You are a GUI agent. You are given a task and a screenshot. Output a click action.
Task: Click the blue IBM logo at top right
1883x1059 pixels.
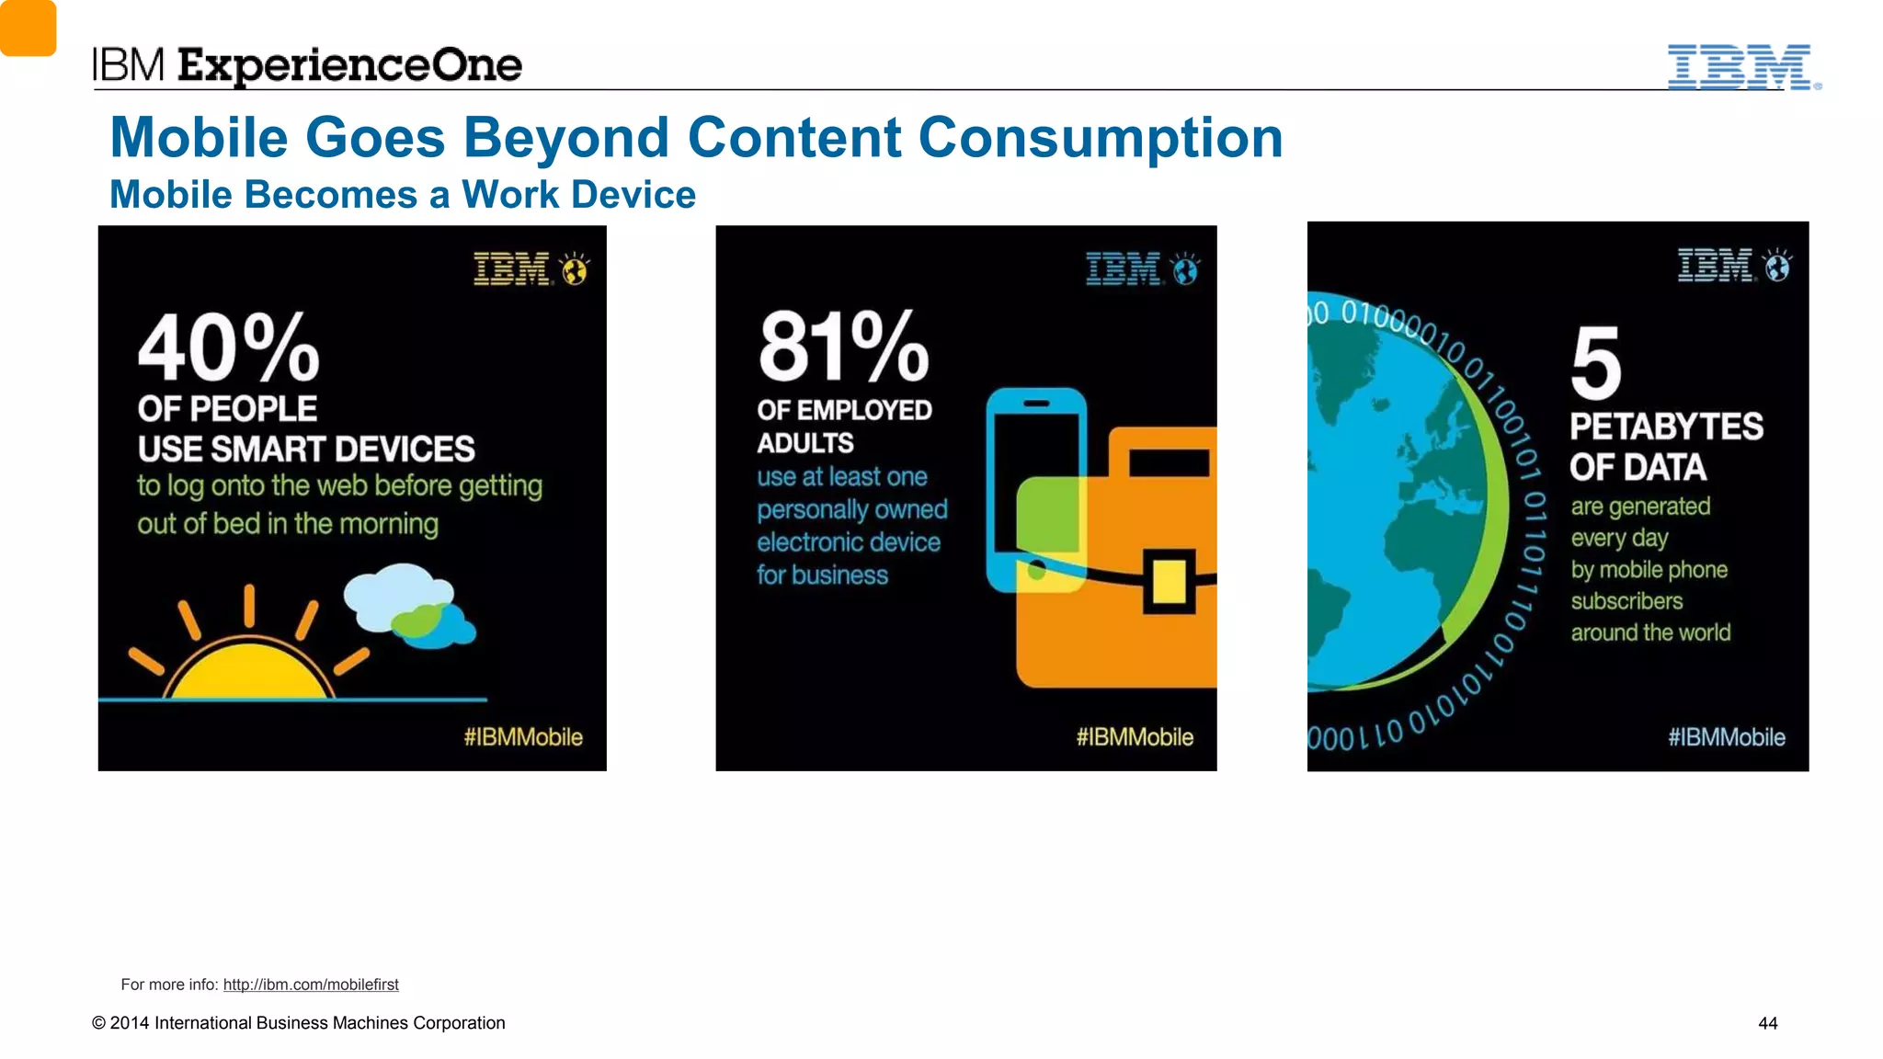(1740, 66)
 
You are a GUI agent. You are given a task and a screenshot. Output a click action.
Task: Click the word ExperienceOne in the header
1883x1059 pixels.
(349, 65)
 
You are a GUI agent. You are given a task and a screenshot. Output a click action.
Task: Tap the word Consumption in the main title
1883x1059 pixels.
(1100, 138)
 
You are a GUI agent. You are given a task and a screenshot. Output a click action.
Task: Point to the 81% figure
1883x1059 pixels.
(843, 347)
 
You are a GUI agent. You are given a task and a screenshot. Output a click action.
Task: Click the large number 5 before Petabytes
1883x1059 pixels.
(1595, 364)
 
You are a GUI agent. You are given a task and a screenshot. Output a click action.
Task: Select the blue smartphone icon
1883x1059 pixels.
(1036, 487)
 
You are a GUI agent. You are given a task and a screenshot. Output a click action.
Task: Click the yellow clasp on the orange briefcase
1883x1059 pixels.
(1169, 581)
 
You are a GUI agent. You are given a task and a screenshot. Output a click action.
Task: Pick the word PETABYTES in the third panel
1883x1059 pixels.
(1666, 427)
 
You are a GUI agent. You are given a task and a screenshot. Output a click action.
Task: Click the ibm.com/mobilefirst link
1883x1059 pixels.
(311, 985)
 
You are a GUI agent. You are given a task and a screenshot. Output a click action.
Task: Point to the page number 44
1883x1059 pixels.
(1767, 1023)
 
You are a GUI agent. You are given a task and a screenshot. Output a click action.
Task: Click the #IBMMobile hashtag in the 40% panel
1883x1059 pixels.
(522, 737)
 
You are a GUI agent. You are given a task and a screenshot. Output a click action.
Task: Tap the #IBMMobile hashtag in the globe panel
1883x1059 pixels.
(1726, 737)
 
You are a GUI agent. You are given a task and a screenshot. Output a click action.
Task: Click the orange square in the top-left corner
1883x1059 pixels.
(28, 28)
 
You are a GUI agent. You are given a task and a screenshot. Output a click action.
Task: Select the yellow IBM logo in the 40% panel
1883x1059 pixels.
(511, 269)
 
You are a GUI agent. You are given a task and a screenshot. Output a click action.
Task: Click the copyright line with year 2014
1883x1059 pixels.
(298, 1023)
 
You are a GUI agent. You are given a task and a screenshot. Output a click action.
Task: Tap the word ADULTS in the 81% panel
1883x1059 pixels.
(805, 443)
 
